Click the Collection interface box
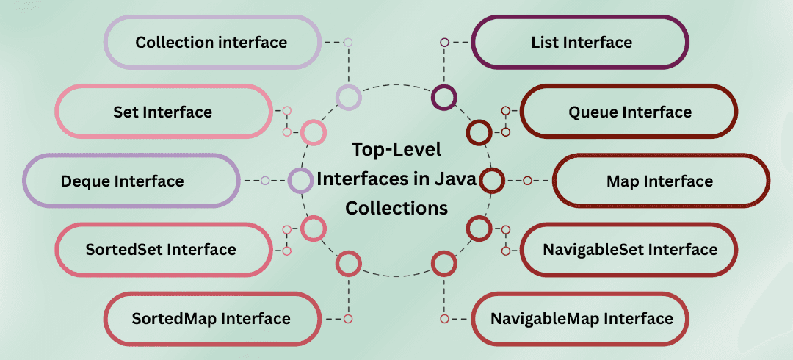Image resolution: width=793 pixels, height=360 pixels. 211,43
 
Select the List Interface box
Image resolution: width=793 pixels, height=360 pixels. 581,43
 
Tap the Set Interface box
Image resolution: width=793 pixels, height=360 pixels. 163,112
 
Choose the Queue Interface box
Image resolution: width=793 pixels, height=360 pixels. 629,112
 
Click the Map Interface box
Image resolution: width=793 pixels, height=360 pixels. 660,181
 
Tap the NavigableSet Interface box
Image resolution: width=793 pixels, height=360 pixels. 629,250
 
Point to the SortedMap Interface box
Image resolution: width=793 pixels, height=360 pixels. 211,319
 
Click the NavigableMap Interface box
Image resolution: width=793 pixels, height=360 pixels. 581,319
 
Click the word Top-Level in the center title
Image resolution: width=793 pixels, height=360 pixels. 396,151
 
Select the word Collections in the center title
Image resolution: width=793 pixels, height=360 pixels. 396,208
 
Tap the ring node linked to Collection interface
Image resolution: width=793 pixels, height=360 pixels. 348,97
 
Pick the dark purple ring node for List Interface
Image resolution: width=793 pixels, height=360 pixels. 444,97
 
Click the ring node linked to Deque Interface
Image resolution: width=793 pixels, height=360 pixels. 300,181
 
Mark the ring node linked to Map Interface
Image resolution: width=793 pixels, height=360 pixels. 492,181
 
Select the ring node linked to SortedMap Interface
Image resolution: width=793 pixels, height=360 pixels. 348,263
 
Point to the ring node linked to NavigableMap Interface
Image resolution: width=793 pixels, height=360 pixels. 444,263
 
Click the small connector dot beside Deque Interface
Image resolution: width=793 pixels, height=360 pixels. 265,181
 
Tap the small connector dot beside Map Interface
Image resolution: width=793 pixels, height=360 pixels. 527,181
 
